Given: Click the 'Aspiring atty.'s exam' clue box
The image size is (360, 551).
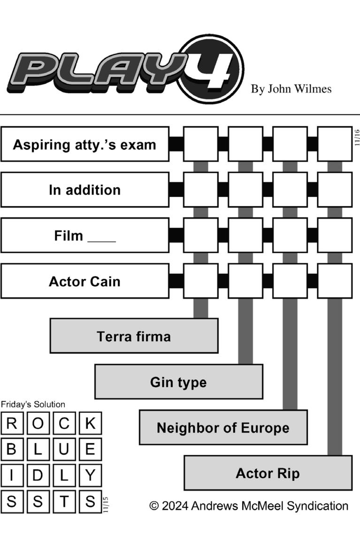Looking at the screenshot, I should [x=84, y=144].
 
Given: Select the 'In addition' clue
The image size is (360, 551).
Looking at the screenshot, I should [x=84, y=190].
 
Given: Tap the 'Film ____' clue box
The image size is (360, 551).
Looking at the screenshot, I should [x=84, y=235].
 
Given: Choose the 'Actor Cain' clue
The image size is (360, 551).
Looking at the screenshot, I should [x=84, y=281].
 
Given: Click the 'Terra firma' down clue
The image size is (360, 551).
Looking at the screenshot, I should [x=134, y=336].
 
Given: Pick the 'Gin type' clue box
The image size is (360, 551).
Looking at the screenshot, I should [x=178, y=381].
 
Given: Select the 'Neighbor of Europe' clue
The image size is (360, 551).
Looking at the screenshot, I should [x=223, y=427].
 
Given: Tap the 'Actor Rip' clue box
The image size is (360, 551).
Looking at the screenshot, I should [x=268, y=473].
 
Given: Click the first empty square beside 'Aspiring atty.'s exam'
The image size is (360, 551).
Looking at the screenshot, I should [x=200, y=144].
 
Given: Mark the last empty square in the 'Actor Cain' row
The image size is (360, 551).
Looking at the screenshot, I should [x=335, y=281].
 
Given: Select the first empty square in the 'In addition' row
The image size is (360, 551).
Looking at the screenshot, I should [x=200, y=190].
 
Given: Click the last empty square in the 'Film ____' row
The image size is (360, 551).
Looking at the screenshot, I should [x=335, y=235].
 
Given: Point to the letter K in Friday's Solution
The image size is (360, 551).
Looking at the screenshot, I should [x=90, y=423].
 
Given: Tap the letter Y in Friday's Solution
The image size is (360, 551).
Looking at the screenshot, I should [x=90, y=475].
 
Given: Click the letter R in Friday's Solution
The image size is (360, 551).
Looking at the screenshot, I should [x=12, y=423].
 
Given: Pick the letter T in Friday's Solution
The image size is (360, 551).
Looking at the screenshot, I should [x=64, y=501].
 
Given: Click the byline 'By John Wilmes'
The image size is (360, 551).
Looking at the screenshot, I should [x=291, y=89].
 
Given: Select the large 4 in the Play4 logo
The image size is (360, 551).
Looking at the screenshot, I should [x=212, y=70].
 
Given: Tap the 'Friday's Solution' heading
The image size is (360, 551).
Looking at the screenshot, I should [x=33, y=404].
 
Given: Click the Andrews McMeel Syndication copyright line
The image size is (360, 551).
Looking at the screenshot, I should [x=249, y=506].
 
